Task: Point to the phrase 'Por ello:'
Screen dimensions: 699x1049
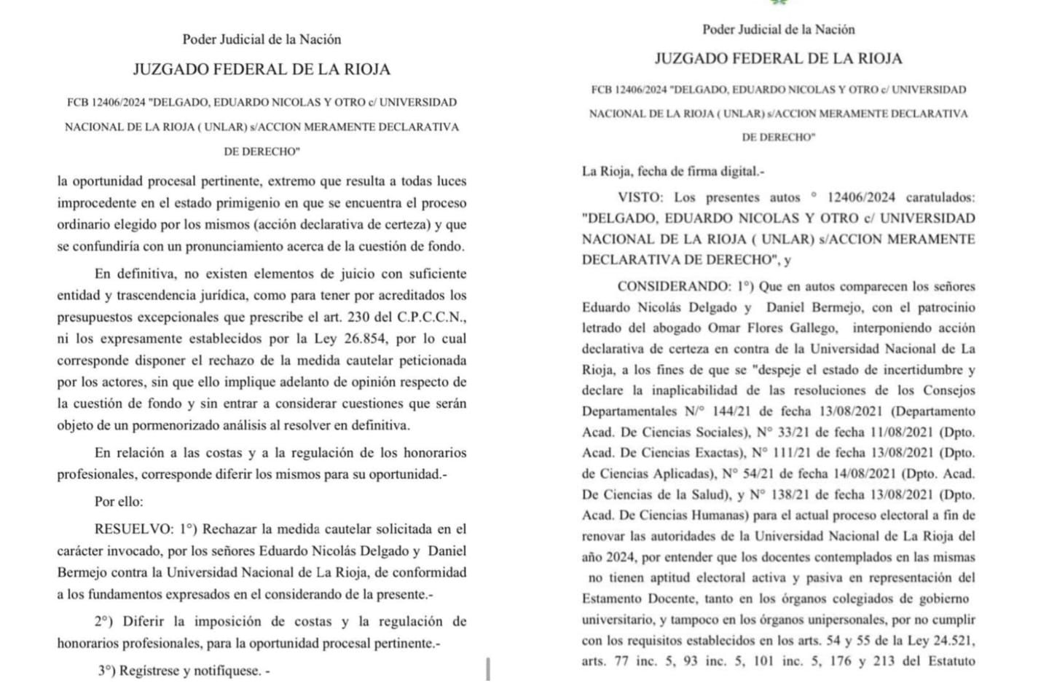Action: [x=119, y=502]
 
